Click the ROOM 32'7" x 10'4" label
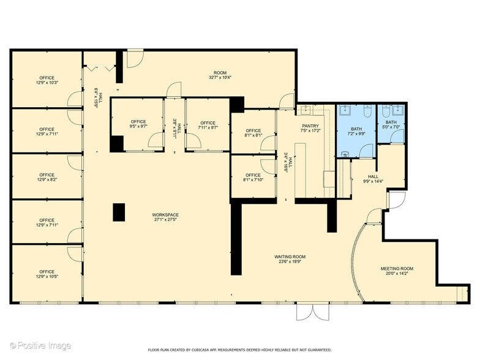click(x=219, y=75)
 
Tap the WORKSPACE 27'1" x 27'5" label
click(x=165, y=217)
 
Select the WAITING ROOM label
click(x=290, y=259)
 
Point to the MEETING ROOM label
click(x=397, y=271)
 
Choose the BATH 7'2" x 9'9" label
click(x=356, y=130)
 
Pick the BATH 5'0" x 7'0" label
click(x=391, y=124)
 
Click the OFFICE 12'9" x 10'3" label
click(x=47, y=80)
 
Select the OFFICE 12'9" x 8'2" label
click(x=47, y=178)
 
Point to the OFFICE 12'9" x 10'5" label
click(x=47, y=274)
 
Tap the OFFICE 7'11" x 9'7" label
click(x=208, y=126)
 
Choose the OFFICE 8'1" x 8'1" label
click(x=253, y=133)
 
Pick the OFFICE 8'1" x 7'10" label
click(x=253, y=178)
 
